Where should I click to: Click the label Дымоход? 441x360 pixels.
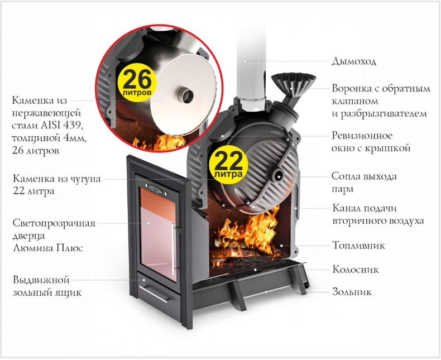pyautogui.click(x=354, y=61)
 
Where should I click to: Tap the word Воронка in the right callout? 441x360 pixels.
pyautogui.click(x=351, y=88)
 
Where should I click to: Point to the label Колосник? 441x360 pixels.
pyautogui.click(x=356, y=269)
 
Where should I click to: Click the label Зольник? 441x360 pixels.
pyautogui.click(x=352, y=292)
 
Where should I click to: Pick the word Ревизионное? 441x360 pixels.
pyautogui.click(x=362, y=136)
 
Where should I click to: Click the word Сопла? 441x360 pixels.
pyautogui.click(x=346, y=176)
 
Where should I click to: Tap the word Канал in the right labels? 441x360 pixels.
pyautogui.click(x=346, y=208)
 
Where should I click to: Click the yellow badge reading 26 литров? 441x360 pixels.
pyautogui.click(x=137, y=83)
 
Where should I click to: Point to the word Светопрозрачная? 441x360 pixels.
pyautogui.click(x=54, y=223)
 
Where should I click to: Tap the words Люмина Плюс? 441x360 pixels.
pyautogui.click(x=48, y=248)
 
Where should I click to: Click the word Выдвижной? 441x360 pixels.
pyautogui.click(x=41, y=280)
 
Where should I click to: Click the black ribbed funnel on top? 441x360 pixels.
pyautogui.click(x=293, y=84)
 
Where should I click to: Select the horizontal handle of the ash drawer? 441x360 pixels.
pyautogui.click(x=154, y=294)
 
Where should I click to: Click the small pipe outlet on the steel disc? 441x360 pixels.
pyautogui.click(x=185, y=95)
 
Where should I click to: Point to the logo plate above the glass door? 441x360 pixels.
pyautogui.click(x=156, y=189)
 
